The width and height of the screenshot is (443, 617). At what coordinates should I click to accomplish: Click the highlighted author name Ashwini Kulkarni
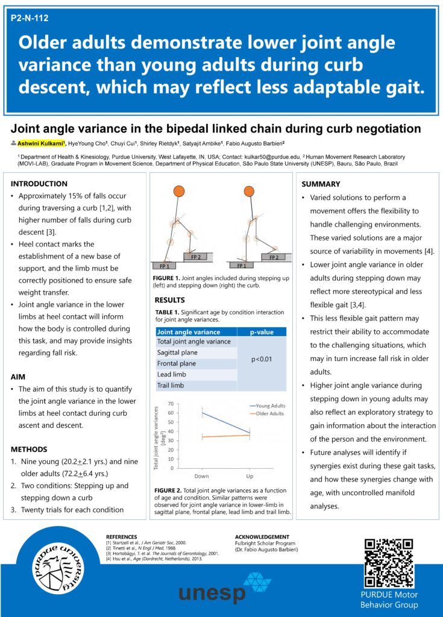41,143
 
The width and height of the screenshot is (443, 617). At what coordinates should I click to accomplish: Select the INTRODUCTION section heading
39,184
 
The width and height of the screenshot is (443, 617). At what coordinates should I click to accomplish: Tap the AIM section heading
18,377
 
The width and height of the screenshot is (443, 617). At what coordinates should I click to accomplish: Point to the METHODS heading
28,449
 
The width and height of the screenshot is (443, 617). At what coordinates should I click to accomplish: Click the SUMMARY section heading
321,184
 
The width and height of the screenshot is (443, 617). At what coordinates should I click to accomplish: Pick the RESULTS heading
170,299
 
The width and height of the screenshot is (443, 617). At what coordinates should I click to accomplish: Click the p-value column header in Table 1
262,331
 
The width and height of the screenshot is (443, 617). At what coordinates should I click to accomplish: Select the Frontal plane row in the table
176,363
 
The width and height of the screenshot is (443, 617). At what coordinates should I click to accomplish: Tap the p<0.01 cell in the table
262,359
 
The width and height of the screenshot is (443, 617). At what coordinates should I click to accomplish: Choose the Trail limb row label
171,385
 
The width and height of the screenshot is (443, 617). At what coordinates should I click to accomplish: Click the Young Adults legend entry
269,406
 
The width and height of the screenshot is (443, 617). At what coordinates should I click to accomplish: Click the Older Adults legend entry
269,413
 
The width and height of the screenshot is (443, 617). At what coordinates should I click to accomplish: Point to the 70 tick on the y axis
171,404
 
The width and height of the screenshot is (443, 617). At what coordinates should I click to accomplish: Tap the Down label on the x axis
202,475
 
